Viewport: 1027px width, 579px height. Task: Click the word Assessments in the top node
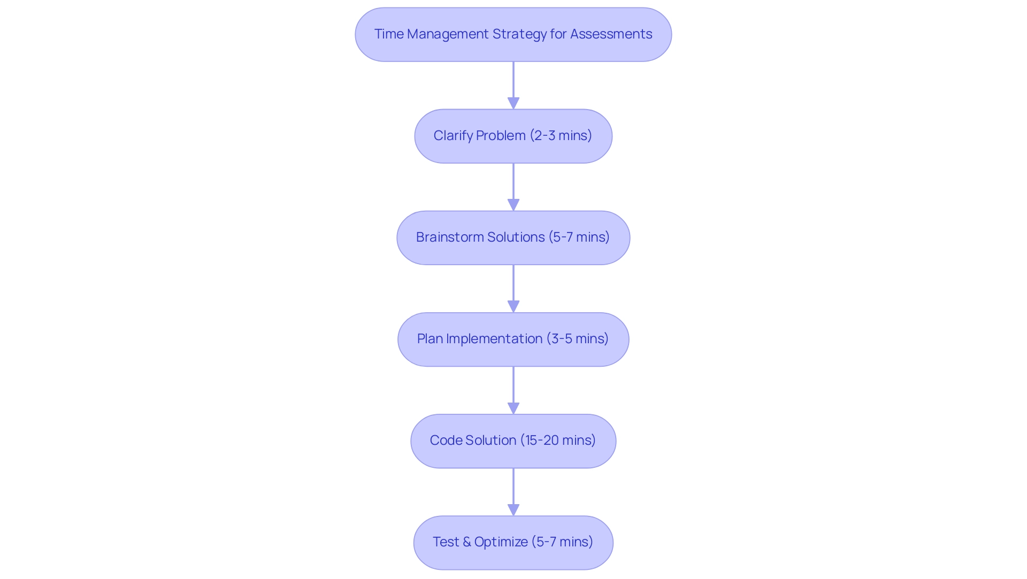click(x=611, y=34)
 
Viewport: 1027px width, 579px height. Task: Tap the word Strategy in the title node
click(x=519, y=34)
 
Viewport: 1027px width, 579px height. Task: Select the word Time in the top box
click(x=389, y=34)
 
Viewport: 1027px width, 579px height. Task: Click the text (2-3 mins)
click(x=561, y=136)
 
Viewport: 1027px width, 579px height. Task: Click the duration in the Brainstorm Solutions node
click(x=579, y=237)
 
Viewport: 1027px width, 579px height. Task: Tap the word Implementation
click(x=494, y=339)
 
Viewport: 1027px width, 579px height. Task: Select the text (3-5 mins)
click(x=577, y=339)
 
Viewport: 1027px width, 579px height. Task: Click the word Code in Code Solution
click(x=446, y=441)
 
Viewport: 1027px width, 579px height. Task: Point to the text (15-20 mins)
click(x=558, y=441)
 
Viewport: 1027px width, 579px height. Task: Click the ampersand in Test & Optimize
click(x=466, y=542)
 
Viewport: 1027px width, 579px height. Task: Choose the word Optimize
click(x=501, y=542)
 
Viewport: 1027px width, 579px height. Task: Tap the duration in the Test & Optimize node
click(x=562, y=542)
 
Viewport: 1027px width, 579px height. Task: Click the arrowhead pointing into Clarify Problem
click(x=513, y=103)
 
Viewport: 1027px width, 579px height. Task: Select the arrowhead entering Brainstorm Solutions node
click(x=513, y=205)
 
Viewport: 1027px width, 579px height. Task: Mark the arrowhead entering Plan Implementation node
click(x=513, y=306)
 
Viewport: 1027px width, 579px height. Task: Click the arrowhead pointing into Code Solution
click(x=513, y=408)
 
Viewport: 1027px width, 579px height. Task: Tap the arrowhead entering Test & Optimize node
click(x=513, y=509)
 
